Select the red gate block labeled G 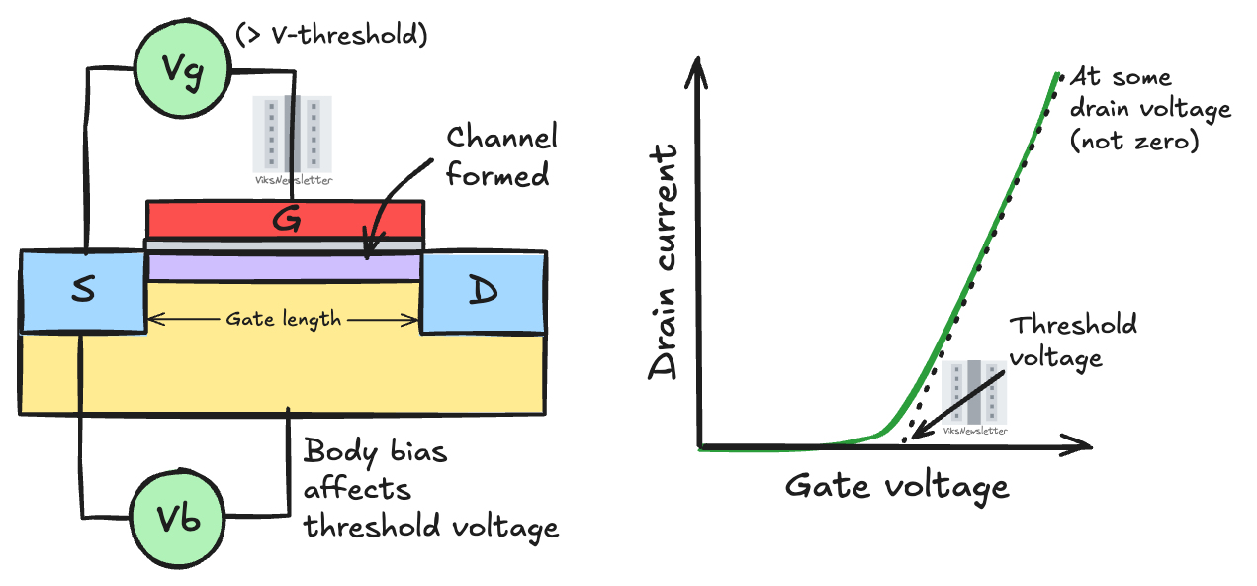coord(286,220)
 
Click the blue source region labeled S coord(83,291)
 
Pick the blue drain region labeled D coord(484,291)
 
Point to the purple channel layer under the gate coord(285,267)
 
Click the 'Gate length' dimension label coord(284,319)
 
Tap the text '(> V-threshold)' coord(331,36)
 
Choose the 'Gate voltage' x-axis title coord(897,486)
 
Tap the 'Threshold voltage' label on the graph coord(1072,340)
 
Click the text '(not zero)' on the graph coord(1133,141)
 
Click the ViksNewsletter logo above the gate coord(292,140)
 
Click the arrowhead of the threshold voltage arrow coord(916,435)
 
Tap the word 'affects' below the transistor coord(356,489)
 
